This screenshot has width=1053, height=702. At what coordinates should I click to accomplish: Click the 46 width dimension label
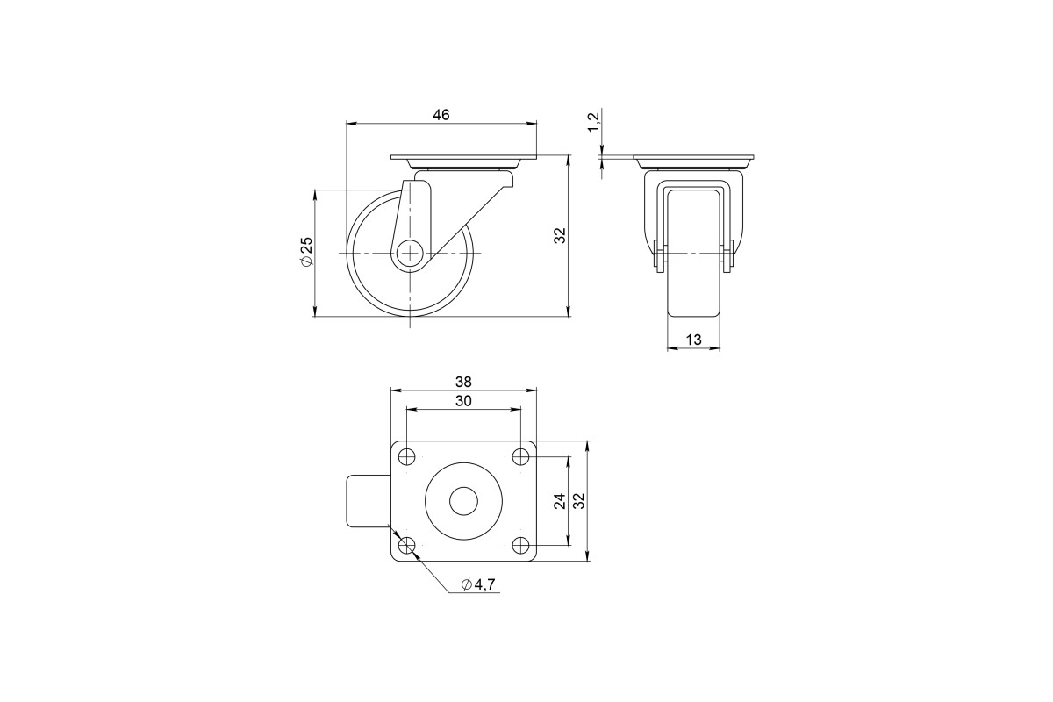click(441, 115)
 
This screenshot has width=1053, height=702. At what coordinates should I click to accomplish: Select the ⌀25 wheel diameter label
click(306, 252)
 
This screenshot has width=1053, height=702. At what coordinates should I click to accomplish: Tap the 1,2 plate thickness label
click(594, 122)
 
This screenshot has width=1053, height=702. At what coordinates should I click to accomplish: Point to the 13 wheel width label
click(694, 340)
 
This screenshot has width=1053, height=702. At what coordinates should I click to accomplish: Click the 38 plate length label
click(463, 382)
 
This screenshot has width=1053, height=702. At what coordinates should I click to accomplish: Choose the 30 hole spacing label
click(463, 401)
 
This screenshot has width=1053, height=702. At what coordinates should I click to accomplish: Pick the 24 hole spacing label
click(560, 501)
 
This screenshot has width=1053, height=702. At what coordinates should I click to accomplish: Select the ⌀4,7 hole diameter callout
click(478, 584)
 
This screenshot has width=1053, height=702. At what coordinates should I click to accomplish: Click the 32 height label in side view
click(560, 235)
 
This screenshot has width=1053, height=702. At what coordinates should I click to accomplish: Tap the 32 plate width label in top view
click(579, 501)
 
